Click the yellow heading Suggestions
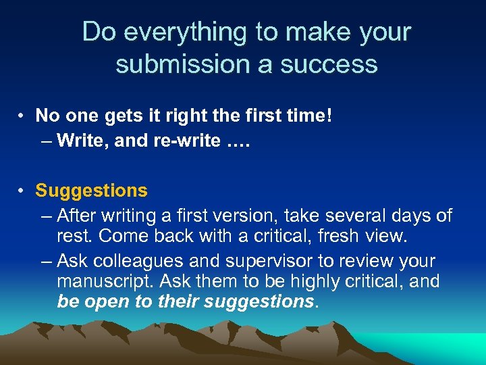(x=91, y=191)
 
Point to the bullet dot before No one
(x=22, y=116)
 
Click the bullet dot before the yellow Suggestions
(x=22, y=191)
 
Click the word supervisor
(x=263, y=261)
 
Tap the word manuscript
(x=95, y=281)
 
